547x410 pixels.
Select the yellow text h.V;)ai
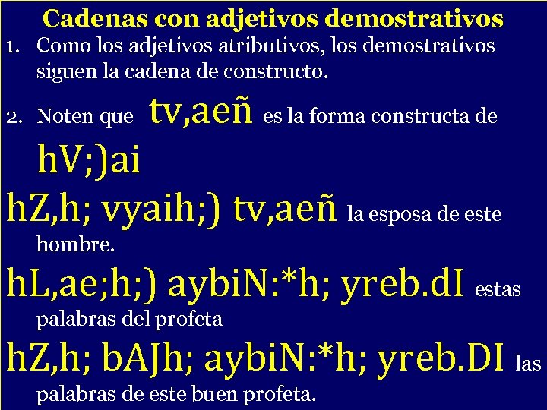pyautogui.click(x=89, y=162)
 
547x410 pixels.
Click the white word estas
pyautogui.click(x=498, y=290)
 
